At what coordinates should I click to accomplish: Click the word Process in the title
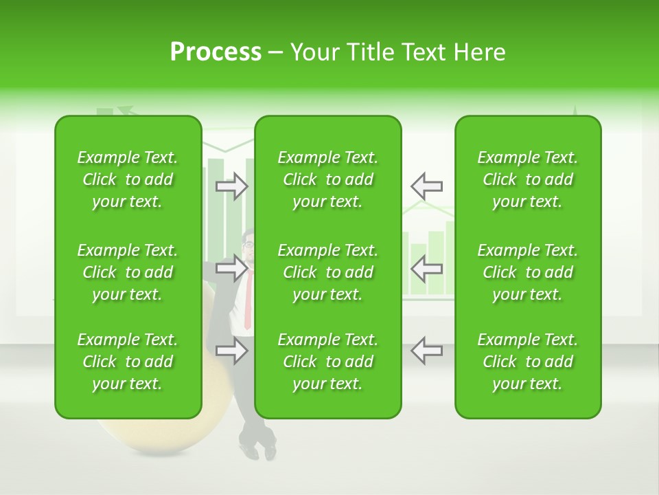pos(216,52)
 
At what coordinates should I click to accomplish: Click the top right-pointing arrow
pos(232,186)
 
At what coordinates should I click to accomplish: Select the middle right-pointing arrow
pos(232,268)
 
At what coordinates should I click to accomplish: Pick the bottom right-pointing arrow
pos(232,351)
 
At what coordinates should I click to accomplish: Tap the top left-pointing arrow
pos(426,186)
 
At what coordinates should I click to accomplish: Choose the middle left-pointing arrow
pos(426,268)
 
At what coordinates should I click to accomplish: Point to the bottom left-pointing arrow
pos(426,351)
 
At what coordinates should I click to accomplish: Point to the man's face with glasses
pos(248,245)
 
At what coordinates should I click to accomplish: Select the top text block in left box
pos(128,179)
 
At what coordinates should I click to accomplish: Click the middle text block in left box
pos(128,272)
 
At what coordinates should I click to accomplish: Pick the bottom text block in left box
pos(128,362)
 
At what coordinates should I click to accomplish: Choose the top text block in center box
pos(327,179)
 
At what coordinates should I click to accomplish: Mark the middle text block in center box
pos(327,272)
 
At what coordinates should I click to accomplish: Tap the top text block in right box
pos(527,179)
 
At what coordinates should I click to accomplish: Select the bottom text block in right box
pos(527,362)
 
